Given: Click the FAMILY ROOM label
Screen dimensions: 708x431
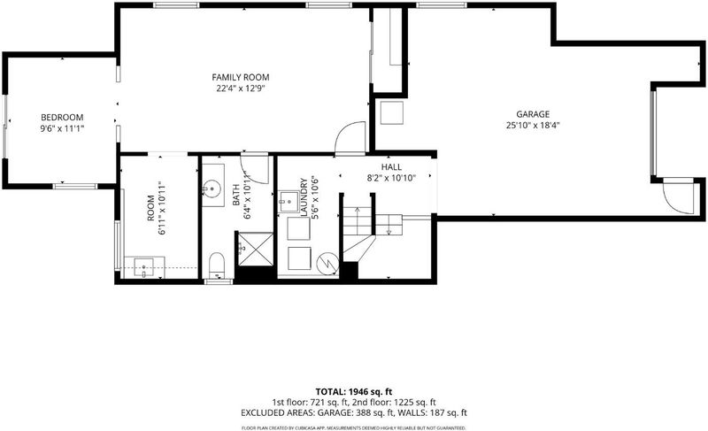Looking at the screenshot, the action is tap(240, 77).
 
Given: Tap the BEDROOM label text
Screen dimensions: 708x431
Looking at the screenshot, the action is tap(62, 118).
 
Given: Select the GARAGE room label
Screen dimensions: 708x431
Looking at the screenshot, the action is tap(533, 114).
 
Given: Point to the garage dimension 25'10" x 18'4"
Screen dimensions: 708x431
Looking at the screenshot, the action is tap(533, 126).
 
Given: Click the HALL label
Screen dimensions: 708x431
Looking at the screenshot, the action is tap(391, 167).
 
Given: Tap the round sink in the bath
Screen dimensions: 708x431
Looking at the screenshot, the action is tap(212, 187).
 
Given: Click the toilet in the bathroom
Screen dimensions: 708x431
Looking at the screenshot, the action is tap(217, 266).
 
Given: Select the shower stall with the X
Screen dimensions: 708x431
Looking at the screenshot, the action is tap(256, 249).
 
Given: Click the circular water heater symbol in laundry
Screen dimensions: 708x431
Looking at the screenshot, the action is tap(327, 263).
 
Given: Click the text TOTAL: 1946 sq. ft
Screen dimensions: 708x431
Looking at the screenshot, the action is tap(350, 392).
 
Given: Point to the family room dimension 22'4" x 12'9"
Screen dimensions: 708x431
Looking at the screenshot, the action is tap(240, 89).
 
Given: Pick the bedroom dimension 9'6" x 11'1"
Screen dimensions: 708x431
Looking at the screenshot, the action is tap(62, 128).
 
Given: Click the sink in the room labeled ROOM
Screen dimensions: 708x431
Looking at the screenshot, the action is tap(144, 267).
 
